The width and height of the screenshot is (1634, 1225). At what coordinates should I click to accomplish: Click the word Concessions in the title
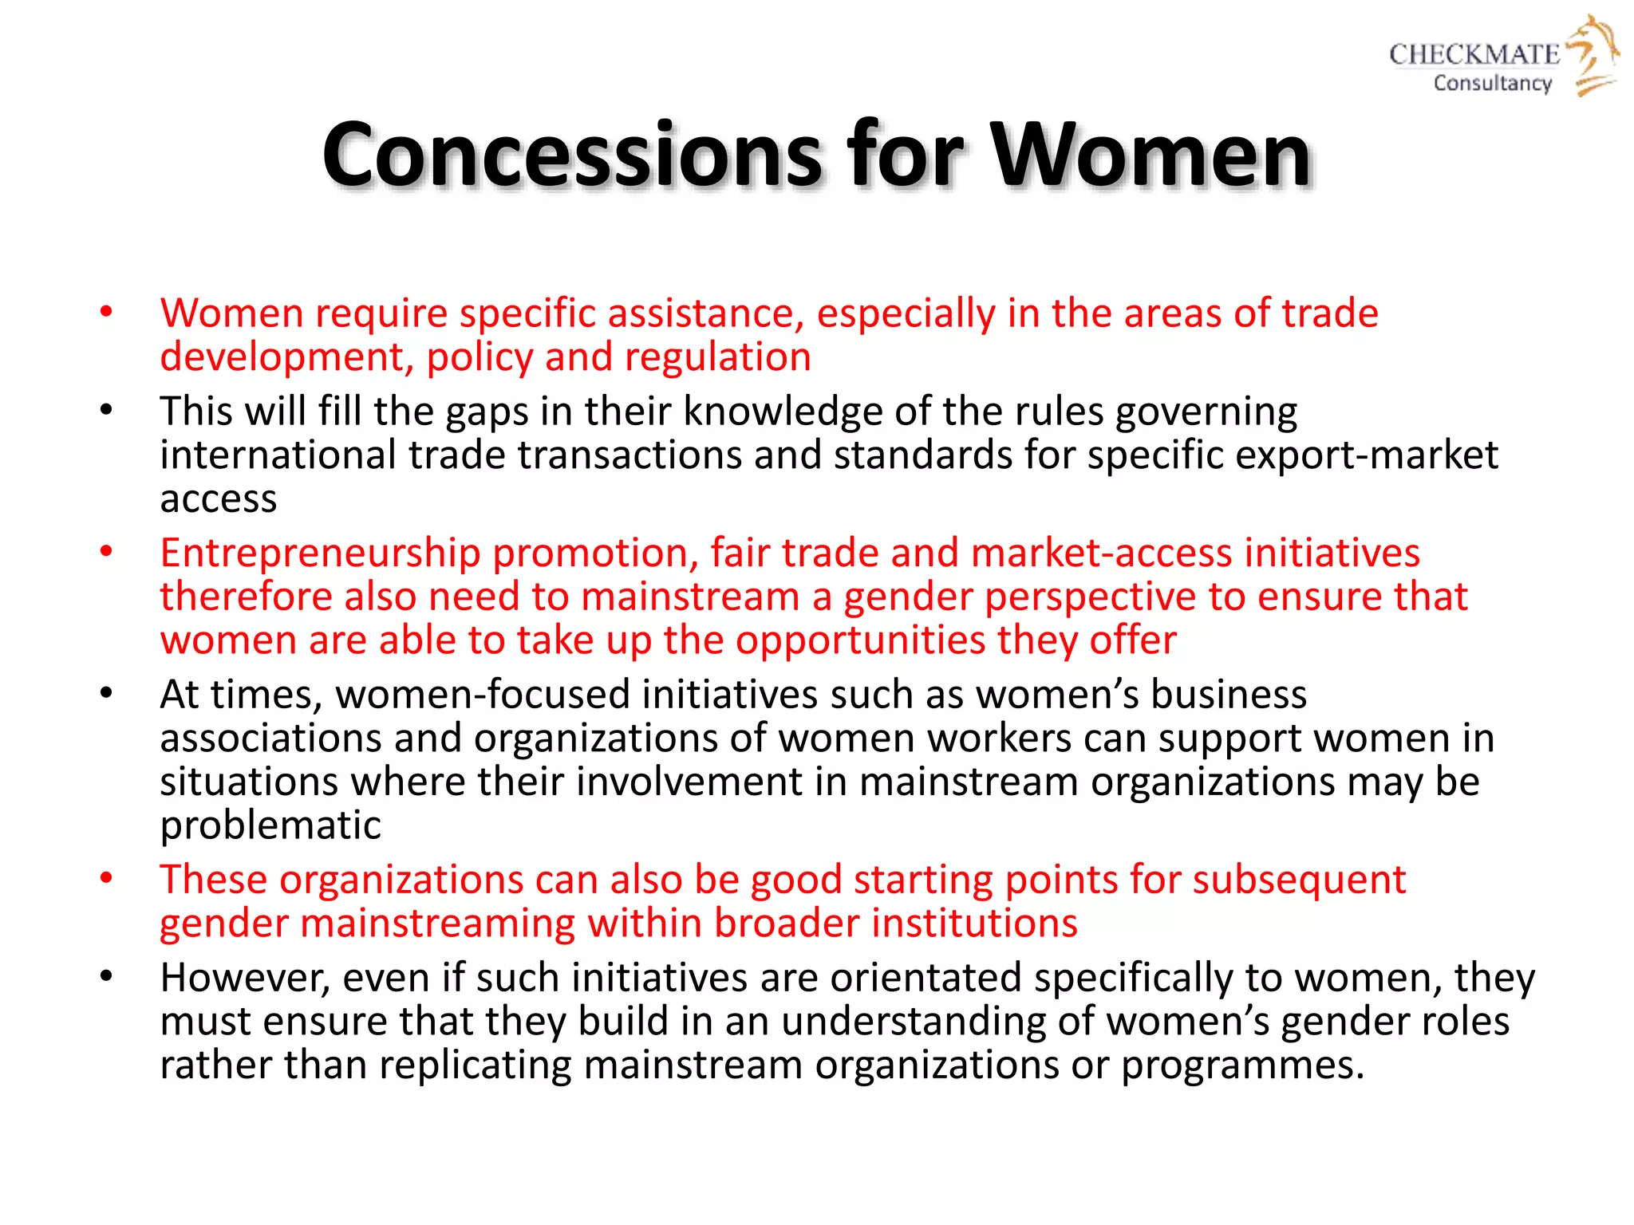571,155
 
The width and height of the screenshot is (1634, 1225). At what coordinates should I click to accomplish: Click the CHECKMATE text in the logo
1474,54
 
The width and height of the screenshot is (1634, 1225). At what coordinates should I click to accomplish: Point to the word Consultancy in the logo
1492,83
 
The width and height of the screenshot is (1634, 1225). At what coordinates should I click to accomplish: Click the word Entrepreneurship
320,553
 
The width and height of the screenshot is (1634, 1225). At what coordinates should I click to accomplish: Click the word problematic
270,825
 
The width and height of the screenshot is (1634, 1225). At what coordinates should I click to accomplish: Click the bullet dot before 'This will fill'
106,412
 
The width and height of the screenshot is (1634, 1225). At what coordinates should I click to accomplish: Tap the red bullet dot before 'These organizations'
106,879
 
